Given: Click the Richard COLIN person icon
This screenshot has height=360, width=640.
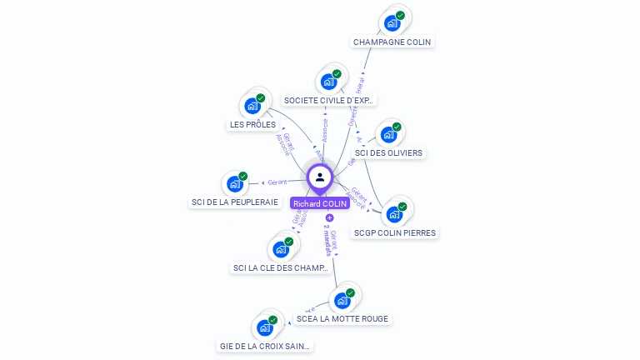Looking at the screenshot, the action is [x=320, y=177].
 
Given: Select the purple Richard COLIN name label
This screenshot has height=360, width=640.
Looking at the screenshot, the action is [x=320, y=203].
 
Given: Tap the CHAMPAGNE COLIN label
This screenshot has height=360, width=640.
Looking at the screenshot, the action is [x=392, y=42].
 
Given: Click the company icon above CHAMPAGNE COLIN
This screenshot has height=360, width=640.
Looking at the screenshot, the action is [x=392, y=23].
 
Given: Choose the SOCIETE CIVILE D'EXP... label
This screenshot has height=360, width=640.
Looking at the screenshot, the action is [x=330, y=100].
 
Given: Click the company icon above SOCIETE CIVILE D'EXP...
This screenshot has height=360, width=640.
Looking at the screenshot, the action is [x=329, y=82].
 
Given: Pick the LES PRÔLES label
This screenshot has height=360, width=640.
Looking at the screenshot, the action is [x=252, y=125].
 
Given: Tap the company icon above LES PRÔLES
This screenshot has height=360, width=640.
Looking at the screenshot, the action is [x=252, y=106].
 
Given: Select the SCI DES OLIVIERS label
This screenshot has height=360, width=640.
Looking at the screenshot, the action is [x=388, y=152].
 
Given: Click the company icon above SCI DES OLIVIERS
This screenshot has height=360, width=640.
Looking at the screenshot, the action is [x=388, y=134].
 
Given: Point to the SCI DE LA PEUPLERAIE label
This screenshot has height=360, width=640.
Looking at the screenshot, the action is [x=235, y=202].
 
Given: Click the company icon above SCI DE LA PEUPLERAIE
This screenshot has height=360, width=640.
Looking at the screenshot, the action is [x=235, y=183].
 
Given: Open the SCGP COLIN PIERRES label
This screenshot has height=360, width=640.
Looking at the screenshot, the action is [x=394, y=232].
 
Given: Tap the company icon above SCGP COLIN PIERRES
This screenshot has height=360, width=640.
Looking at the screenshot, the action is [x=394, y=214].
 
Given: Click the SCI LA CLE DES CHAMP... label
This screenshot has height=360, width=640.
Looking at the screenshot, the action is [x=281, y=267].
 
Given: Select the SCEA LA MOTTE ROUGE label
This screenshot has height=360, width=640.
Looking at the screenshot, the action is [x=342, y=318].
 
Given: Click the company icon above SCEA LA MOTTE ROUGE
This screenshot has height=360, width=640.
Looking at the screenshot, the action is [x=342, y=300].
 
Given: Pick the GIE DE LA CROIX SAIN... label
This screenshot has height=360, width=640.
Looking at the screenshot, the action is [x=265, y=346].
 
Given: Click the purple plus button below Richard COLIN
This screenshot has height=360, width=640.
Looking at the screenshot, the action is [x=329, y=218].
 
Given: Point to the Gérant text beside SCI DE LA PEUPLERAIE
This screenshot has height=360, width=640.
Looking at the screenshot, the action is [x=277, y=182].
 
